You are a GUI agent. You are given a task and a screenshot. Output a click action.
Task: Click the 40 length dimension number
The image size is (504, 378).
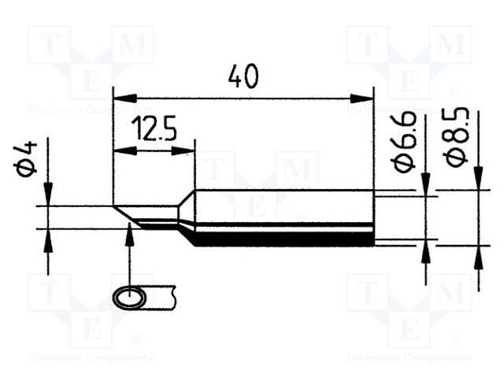pyautogui.click(x=243, y=76)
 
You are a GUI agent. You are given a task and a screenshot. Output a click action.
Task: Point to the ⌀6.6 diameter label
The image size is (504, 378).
pyautogui.click(x=405, y=150)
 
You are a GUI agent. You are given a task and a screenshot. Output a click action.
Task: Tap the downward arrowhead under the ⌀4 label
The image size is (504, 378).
pyautogui.click(x=48, y=195)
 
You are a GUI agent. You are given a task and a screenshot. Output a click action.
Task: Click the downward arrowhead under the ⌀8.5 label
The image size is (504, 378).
pyautogui.click(x=478, y=179)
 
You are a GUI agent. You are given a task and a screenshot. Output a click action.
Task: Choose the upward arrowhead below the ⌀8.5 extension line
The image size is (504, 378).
pyautogui.click(x=478, y=255)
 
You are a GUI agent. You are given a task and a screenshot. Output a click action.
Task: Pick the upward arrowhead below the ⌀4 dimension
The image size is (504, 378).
pyautogui.click(x=48, y=239)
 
